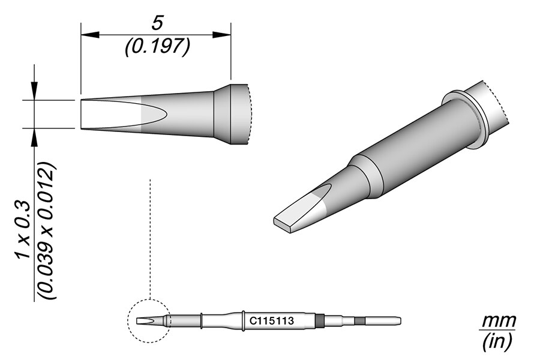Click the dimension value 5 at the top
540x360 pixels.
pos(157,23)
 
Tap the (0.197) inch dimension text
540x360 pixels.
pos(157,47)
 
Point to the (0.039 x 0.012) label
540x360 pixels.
pos(48,231)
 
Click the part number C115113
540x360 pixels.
pos(271,321)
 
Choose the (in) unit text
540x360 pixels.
pos(497,342)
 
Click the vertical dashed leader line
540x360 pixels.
pos(149,240)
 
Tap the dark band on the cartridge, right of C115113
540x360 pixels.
pos(319,321)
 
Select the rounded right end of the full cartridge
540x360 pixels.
pos(397,321)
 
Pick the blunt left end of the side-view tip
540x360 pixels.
pos(82,114)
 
